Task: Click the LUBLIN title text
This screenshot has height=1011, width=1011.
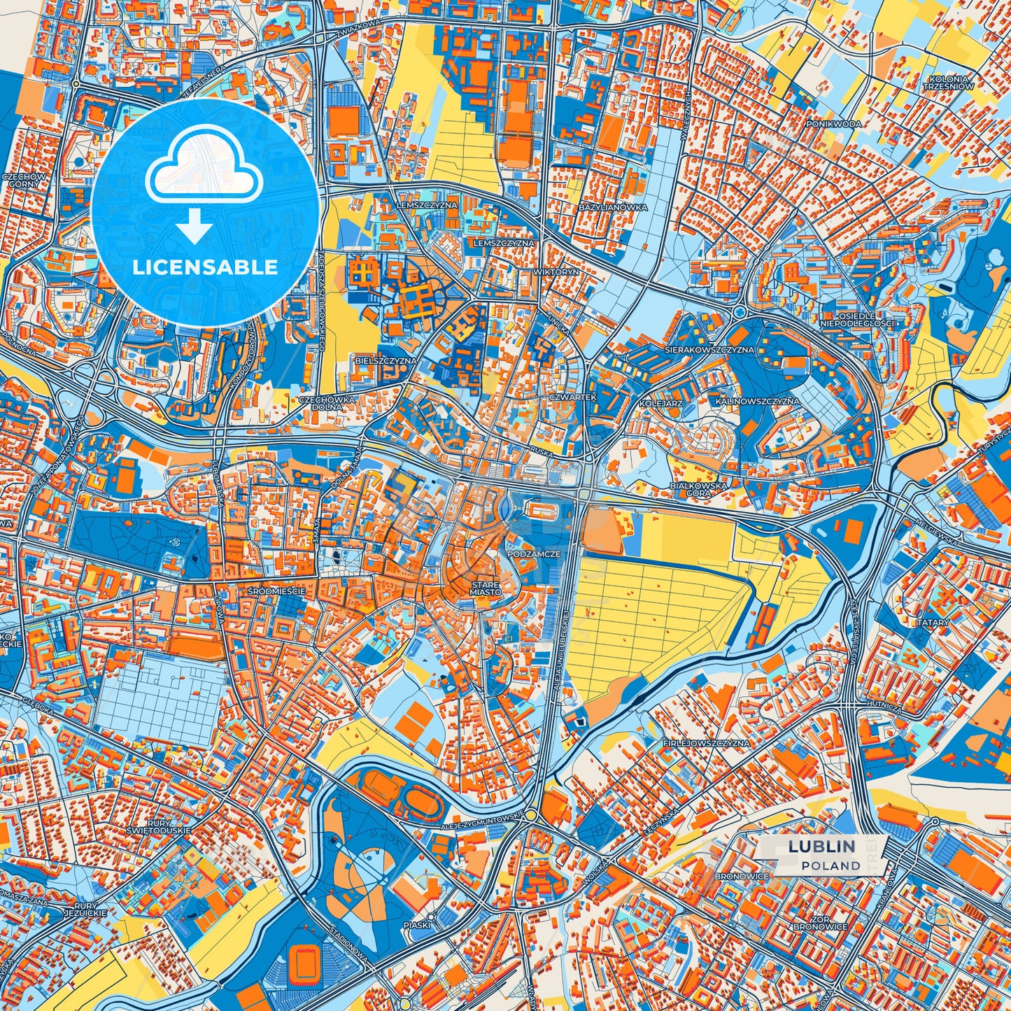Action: click(x=821, y=846)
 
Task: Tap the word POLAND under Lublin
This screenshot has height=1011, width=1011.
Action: click(x=830, y=865)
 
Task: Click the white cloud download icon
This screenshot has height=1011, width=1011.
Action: click(x=204, y=171)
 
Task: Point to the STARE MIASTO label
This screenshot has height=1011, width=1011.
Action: click(x=485, y=588)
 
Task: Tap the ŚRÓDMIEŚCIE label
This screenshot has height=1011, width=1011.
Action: click(x=276, y=591)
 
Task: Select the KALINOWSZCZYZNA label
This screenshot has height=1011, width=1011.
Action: click(x=756, y=402)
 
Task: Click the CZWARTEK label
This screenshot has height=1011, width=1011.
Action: click(x=572, y=397)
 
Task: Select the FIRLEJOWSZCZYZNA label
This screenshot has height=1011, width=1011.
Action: click(x=706, y=743)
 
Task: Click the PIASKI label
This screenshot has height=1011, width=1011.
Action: click(x=417, y=924)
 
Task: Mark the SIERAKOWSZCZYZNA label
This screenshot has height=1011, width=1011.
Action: click(x=709, y=349)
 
